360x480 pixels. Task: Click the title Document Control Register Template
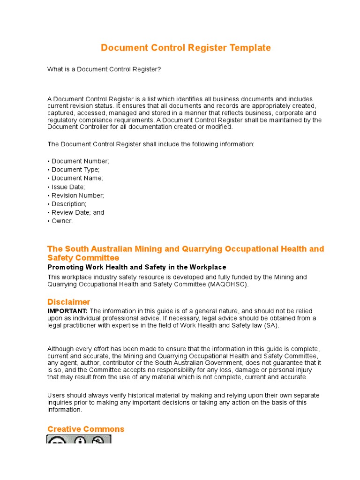point(186,48)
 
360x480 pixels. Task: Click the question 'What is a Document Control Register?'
point(104,69)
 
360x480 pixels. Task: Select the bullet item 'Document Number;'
point(80,161)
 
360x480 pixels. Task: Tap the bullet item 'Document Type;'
point(75,170)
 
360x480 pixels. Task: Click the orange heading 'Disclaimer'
point(69,302)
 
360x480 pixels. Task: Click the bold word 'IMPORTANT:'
point(67,311)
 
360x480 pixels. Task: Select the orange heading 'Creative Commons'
point(86,429)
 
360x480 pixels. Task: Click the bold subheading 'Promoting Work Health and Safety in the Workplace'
point(136,267)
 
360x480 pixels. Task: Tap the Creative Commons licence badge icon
point(79,440)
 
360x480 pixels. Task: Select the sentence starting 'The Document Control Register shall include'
point(151,144)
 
